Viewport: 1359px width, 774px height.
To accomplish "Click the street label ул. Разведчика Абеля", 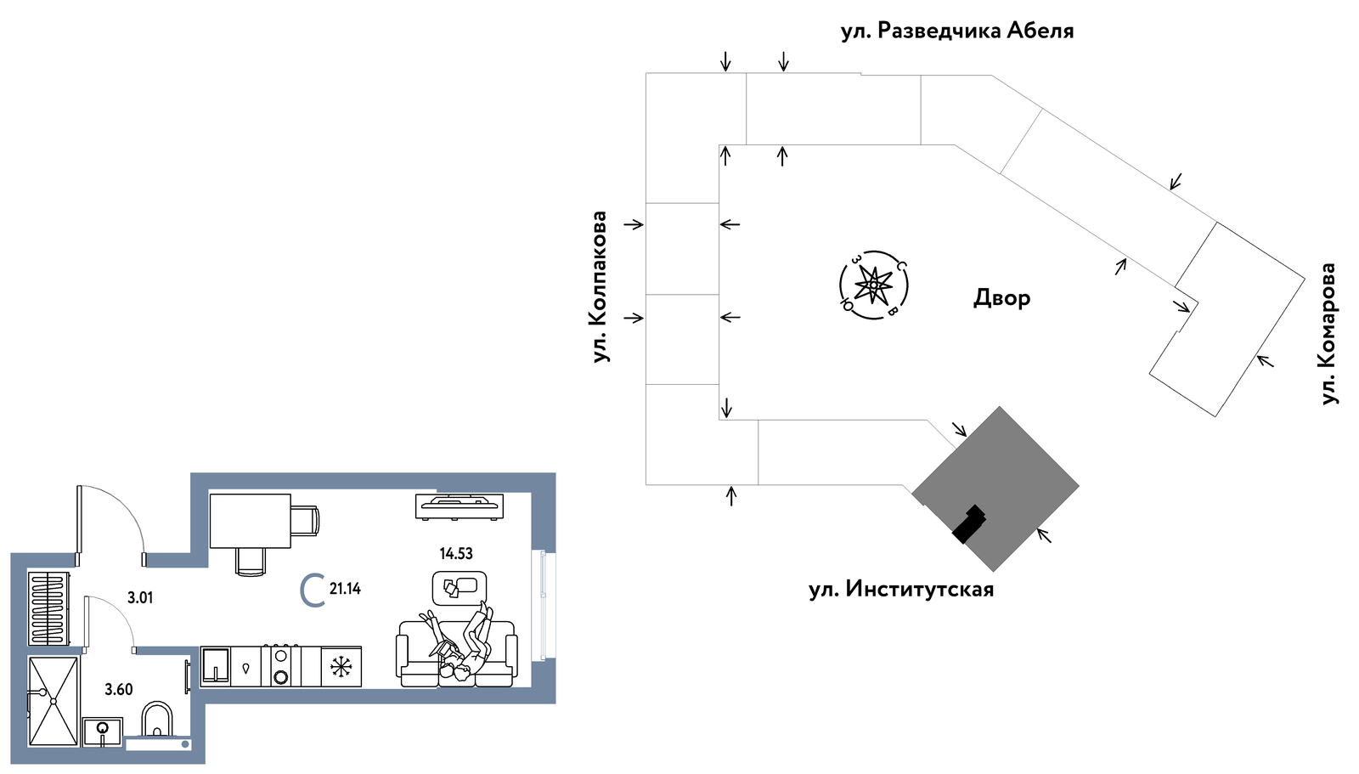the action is [x=957, y=31].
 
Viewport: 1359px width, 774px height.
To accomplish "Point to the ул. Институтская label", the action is [x=901, y=590].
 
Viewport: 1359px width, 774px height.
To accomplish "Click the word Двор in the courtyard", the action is [x=1001, y=298].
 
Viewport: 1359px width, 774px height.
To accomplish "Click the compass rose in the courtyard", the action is [x=874, y=285].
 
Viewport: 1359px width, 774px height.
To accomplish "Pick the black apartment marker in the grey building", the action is [x=969, y=524].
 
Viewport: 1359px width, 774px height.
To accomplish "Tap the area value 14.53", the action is [x=456, y=554].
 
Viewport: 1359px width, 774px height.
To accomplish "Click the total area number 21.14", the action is [x=345, y=589].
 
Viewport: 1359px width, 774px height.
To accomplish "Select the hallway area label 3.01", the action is [x=140, y=599].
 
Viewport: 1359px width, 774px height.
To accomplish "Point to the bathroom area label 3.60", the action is [x=118, y=690].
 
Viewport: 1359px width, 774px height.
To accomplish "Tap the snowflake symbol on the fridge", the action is [x=341, y=667].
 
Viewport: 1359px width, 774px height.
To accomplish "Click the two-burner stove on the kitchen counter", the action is [x=281, y=666].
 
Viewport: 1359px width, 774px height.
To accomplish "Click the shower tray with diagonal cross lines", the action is [x=54, y=701].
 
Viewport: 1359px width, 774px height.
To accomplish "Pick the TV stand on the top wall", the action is [x=460, y=507].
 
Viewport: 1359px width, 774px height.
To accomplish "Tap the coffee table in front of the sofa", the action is [x=460, y=588].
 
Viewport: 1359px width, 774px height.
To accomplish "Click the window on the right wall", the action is [x=543, y=604].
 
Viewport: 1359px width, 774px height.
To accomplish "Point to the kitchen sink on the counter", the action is [x=216, y=667].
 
